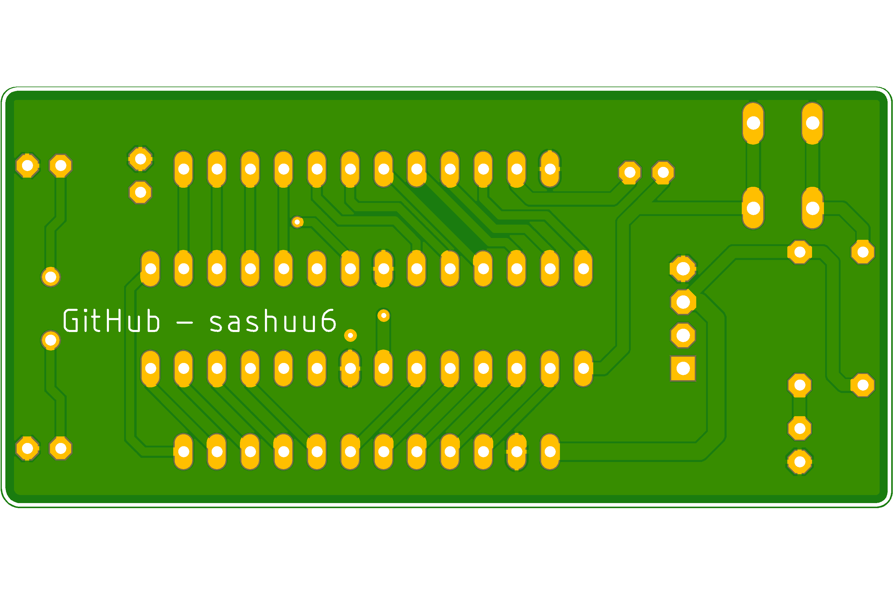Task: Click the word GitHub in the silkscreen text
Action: (111, 321)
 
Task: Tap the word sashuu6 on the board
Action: (273, 321)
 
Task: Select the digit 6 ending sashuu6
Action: (328, 321)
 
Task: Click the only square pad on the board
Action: (683, 368)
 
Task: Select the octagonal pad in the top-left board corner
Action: (27, 165)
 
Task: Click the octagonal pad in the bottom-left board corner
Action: (27, 448)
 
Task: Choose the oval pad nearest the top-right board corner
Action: (813, 123)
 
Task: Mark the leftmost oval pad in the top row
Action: (184, 169)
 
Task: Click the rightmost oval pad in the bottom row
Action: (550, 452)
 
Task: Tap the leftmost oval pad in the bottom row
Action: (184, 452)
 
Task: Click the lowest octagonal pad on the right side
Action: (800, 462)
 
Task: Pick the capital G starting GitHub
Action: (71, 321)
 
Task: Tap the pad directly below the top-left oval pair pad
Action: (753, 208)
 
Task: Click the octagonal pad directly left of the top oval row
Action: (140, 159)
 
